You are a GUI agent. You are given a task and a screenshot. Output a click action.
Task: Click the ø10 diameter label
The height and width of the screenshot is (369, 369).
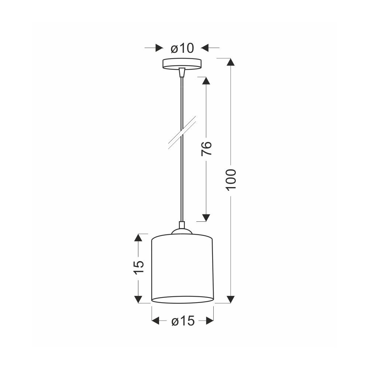[x=182, y=48]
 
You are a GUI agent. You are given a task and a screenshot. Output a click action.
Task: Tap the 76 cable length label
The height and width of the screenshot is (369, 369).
[x=206, y=148]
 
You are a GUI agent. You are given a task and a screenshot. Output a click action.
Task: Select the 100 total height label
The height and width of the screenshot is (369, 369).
[x=231, y=180]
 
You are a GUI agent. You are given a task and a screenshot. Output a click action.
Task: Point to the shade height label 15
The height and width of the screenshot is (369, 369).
[x=138, y=267]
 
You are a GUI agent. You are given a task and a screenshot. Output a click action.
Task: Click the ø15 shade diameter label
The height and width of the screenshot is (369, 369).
[x=183, y=321]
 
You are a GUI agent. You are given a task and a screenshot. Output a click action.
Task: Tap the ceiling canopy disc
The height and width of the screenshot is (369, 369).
[x=182, y=64]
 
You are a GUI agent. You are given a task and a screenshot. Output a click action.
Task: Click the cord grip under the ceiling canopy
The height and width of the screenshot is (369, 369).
[x=182, y=72]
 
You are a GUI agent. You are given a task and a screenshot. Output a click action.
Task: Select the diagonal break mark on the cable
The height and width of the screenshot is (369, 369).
[x=182, y=132]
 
